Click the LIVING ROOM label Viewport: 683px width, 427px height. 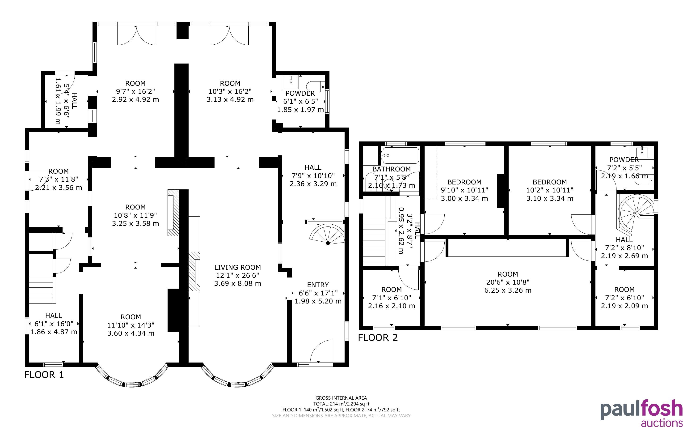coord(238,267)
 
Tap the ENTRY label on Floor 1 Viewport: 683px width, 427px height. coord(318,285)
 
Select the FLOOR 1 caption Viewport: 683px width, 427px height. coord(44,375)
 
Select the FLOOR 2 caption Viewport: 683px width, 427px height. coord(378,337)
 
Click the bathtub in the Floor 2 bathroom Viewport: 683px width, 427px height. coord(400,155)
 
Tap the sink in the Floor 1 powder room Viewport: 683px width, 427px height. coord(290,82)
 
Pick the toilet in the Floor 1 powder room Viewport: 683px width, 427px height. coord(316,85)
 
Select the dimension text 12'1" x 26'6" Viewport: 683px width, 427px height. coord(238,275)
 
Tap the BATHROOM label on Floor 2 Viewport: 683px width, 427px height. coord(391,169)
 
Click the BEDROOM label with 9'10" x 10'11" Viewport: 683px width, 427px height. coord(464,182)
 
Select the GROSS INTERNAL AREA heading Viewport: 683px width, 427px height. coord(341,398)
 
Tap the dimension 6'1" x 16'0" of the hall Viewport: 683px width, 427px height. coord(54,324)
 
